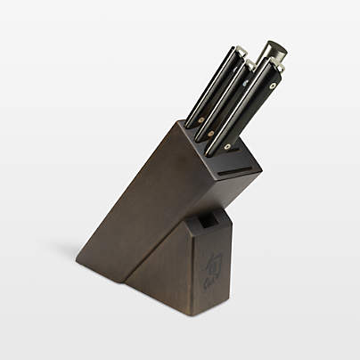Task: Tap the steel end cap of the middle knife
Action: [253, 63]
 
